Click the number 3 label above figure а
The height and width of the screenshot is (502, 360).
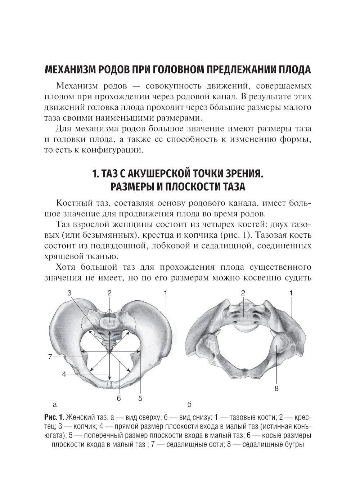(69, 293)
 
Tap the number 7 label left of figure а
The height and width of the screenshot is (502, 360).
(50, 357)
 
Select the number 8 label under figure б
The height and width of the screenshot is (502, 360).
(276, 389)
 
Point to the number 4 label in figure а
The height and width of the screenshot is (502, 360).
(64, 374)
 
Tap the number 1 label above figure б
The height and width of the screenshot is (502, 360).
(291, 293)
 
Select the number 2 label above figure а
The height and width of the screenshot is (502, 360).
(109, 293)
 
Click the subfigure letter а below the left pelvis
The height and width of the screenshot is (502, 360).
(54, 404)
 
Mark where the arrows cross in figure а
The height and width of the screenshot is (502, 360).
(109, 354)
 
